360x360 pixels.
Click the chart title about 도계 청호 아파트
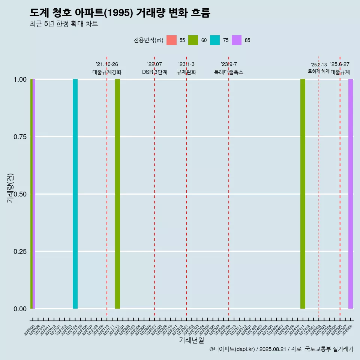120,13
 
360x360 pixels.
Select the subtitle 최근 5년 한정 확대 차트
64,24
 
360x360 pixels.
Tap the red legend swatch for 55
171,40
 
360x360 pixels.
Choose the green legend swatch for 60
193,40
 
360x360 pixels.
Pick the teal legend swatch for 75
215,40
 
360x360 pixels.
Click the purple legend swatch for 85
237,40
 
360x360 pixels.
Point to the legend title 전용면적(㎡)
148,40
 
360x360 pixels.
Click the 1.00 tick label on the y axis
20,79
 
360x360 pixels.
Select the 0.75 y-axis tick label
20,137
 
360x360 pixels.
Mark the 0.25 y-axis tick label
20,252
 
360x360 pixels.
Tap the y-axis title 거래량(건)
10,187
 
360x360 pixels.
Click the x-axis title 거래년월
191,340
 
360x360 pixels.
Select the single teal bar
75,194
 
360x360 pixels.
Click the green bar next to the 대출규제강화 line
117,194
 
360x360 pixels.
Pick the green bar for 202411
303,194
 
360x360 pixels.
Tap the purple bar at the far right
351,194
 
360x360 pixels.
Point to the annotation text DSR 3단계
154,72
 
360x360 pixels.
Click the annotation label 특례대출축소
229,72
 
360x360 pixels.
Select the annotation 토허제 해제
318,71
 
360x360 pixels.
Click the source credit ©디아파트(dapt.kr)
232,349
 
